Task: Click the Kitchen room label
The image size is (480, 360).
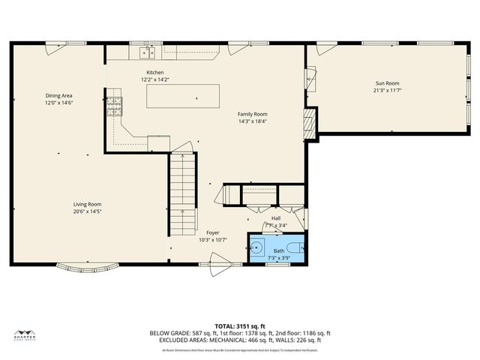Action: pyautogui.click(x=154, y=72)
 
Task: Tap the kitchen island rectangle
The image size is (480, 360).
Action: pyautogui.click(x=183, y=96)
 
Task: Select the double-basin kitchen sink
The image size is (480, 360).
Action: pyautogui.click(x=147, y=52)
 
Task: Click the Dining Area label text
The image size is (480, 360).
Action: pyautogui.click(x=58, y=96)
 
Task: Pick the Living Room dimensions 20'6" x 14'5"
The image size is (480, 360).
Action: pyautogui.click(x=87, y=211)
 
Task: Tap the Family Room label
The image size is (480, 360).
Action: pyautogui.click(x=252, y=113)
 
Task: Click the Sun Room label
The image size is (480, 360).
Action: pyautogui.click(x=387, y=83)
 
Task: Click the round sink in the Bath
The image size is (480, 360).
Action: pyautogui.click(x=256, y=247)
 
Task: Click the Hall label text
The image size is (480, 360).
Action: pyautogui.click(x=276, y=218)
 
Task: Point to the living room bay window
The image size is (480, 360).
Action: pyautogui.click(x=88, y=266)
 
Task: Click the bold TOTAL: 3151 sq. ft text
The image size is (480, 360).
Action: pyautogui.click(x=240, y=326)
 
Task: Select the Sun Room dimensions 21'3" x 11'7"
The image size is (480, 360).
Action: pyautogui.click(x=387, y=91)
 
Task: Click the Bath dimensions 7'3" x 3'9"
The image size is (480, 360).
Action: pyautogui.click(x=278, y=257)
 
